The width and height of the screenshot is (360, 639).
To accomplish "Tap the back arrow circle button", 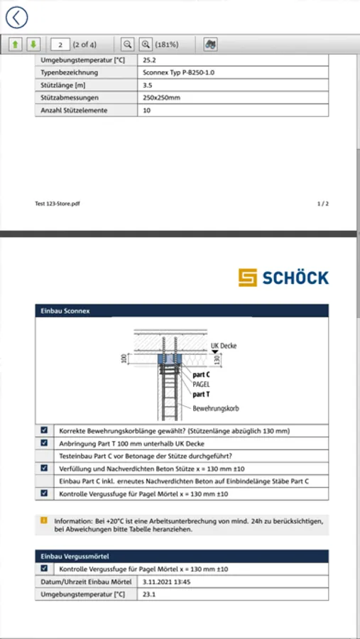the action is pyautogui.click(x=16, y=18).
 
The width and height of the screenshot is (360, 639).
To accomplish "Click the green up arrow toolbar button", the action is pyautogui.click(x=16, y=45).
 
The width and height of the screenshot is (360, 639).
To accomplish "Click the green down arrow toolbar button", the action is pyautogui.click(x=34, y=45).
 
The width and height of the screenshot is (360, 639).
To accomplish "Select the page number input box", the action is pyautogui.click(x=60, y=45).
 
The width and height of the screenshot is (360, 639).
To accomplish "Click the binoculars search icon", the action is pyautogui.click(x=211, y=45).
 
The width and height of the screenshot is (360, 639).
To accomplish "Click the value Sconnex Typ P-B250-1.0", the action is pyautogui.click(x=179, y=73).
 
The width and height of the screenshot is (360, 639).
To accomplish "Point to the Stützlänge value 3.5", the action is pyautogui.click(x=148, y=86).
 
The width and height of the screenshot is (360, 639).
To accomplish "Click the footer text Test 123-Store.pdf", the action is pyautogui.click(x=58, y=204).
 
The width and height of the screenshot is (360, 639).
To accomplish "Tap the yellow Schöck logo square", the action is pyautogui.click(x=248, y=278).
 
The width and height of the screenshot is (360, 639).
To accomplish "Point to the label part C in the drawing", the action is pyautogui.click(x=202, y=374).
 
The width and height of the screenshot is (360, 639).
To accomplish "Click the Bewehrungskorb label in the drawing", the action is pyautogui.click(x=216, y=408).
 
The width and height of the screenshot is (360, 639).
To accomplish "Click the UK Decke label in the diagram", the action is pyautogui.click(x=224, y=346).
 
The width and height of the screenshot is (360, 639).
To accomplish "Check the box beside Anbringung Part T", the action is pyautogui.click(x=44, y=443).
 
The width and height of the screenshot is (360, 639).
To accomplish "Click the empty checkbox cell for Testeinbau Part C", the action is pyautogui.click(x=45, y=456).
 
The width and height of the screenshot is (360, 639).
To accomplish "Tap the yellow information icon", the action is pyautogui.click(x=44, y=520).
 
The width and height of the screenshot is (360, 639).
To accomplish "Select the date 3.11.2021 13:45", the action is pyautogui.click(x=167, y=582).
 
